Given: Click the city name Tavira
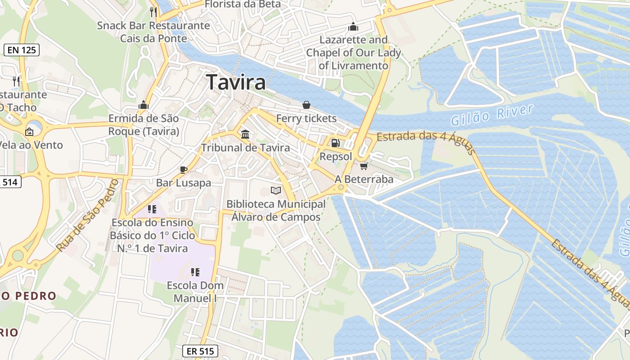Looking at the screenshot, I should pos(236,83).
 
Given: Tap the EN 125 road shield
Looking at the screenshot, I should pos(22,50).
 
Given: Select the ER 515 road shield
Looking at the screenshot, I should pos(200,351).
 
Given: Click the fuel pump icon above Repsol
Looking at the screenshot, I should pos(335,143).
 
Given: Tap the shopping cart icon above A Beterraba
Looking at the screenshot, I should pos(364,166).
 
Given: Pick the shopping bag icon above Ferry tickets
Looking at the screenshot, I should pos(306,105).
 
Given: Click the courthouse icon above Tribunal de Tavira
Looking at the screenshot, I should pos(245,134).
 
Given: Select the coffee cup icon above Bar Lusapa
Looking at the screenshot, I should pos(183,170).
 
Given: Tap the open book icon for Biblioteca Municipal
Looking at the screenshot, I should pos(276,190).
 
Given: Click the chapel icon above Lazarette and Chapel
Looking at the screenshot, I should pos(353,27).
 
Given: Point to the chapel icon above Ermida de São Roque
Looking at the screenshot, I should pos(144,105).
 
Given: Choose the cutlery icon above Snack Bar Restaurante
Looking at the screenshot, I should pos(153,12).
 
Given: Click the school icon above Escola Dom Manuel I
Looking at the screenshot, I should pos(195,272).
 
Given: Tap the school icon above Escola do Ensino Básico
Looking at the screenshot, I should pos(152,209).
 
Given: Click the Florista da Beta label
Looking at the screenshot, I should pos(243,4).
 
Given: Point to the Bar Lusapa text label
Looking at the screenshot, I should pos(184,183).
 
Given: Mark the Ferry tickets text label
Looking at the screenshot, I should pos(306,118).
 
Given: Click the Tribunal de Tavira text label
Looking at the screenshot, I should pos(245,148).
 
